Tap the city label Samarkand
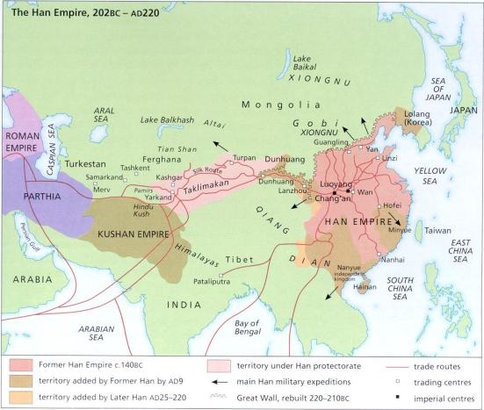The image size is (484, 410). pos(80,177)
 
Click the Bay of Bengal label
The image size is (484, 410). pos(247,328)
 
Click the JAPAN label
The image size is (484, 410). pos(462,111)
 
